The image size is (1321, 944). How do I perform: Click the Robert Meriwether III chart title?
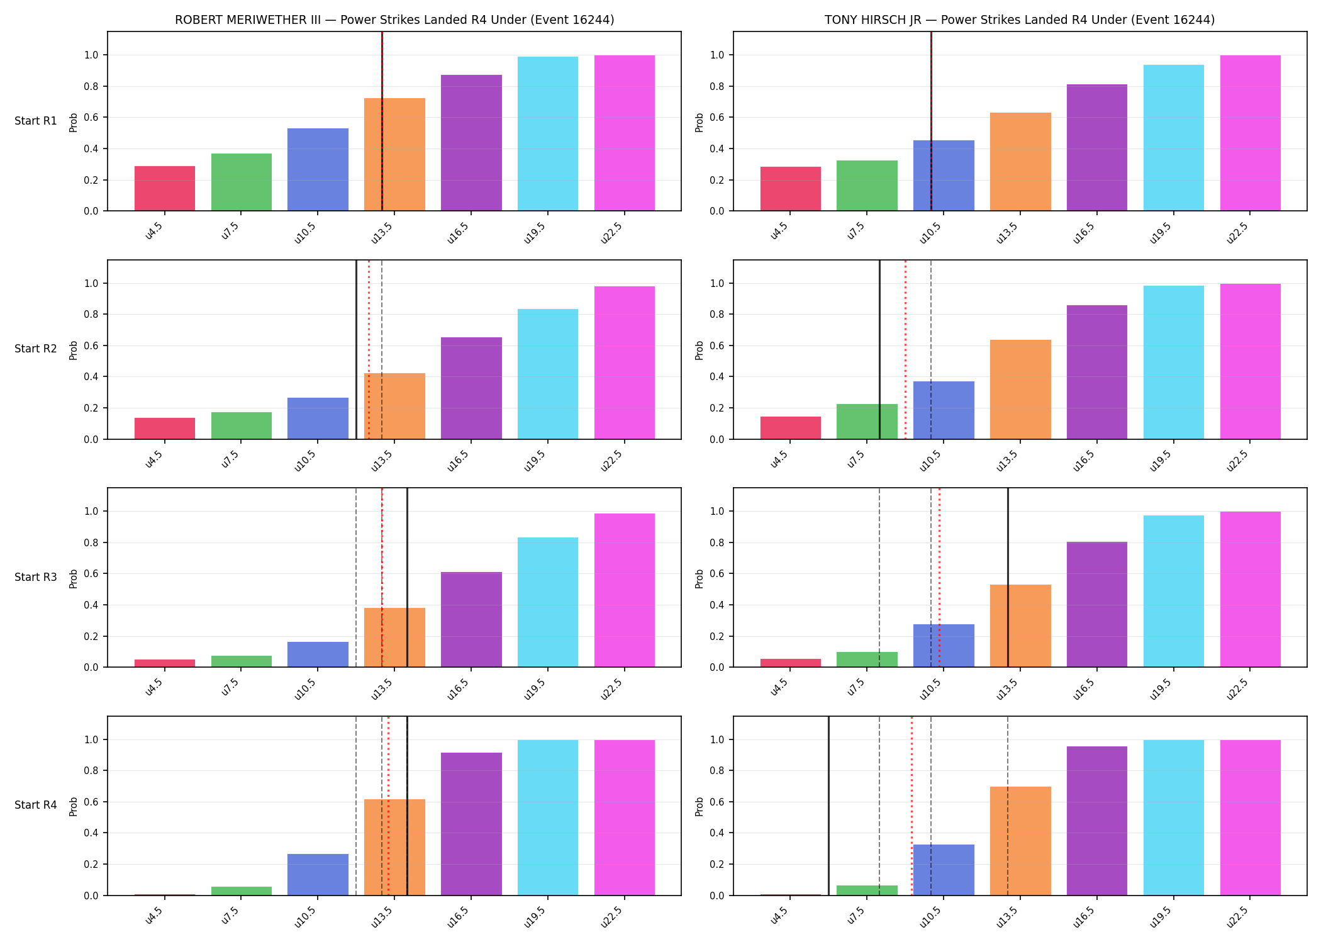[394, 20]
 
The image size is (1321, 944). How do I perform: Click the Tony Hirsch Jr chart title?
[1020, 20]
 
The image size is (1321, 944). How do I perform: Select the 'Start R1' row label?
[36, 121]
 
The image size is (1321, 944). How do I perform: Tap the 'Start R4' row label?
[36, 805]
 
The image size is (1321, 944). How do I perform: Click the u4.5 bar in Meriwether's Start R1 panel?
[165, 188]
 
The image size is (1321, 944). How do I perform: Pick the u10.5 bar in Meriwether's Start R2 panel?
[318, 419]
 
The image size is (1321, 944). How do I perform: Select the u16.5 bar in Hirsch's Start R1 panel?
[1097, 147]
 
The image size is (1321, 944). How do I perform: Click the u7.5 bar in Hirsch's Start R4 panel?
[867, 891]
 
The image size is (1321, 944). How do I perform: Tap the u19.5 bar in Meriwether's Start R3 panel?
[548, 602]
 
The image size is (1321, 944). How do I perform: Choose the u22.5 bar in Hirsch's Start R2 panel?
[1251, 361]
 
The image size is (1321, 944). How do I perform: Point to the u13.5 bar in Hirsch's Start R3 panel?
[1020, 626]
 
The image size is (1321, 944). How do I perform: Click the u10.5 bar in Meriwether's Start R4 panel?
[318, 875]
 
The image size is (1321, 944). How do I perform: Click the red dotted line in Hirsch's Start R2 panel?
[905, 349]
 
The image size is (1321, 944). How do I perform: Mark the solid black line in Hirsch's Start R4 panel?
[828, 806]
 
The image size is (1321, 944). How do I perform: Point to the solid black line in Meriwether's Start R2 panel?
[356, 349]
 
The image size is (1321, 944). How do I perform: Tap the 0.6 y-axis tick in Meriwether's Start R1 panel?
[91, 118]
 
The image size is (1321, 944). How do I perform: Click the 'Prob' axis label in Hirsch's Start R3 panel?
[700, 578]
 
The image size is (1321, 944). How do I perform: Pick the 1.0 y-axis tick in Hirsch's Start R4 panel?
[717, 739]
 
